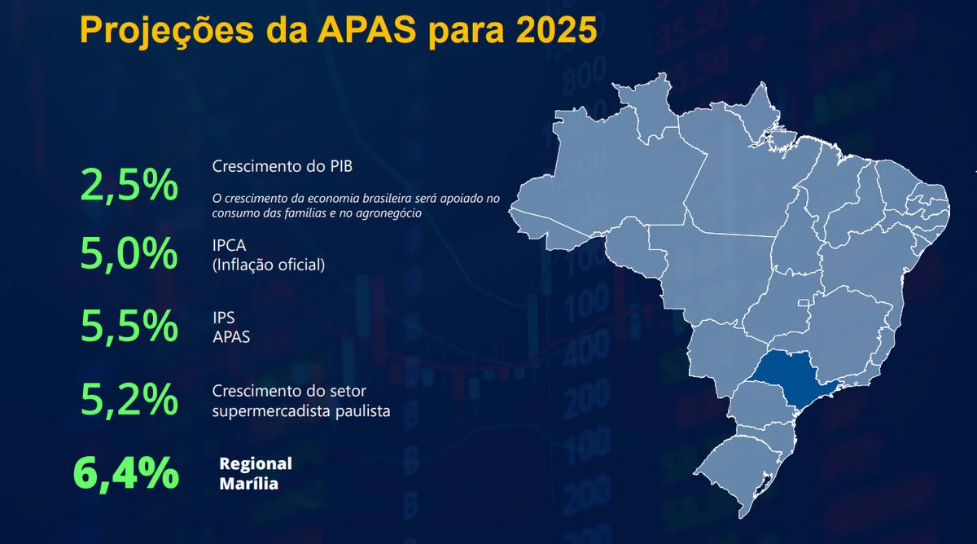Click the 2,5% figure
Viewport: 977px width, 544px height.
[129, 186]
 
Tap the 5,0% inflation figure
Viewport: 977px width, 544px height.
[129, 253]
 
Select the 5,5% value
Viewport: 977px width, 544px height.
[129, 326]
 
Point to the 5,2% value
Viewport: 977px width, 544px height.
[129, 399]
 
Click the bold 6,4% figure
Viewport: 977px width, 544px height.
[126, 474]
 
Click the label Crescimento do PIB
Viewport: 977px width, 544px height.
[283, 166]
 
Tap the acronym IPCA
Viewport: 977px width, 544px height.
[229, 246]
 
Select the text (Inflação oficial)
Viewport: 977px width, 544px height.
[269, 265]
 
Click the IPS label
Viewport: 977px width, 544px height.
[224, 318]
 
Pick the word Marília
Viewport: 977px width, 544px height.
[248, 484]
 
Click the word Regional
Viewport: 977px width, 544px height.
[256, 464]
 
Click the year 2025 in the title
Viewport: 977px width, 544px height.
[556, 29]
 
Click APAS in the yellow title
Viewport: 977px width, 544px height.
[366, 29]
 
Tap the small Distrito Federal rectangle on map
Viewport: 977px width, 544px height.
[804, 303]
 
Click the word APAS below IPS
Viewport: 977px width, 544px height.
[231, 337]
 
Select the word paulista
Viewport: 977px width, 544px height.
[363, 411]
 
